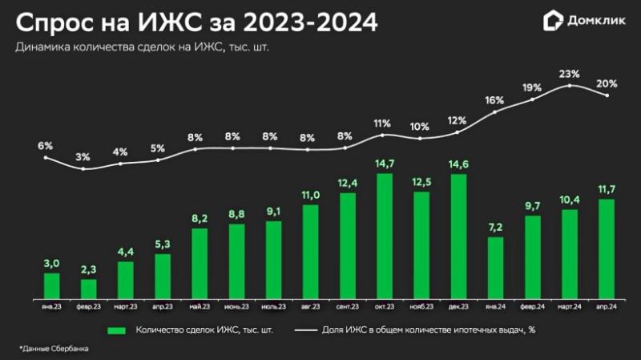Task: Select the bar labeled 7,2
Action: click(495, 266)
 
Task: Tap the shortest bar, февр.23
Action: click(89, 287)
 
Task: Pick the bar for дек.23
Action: click(458, 235)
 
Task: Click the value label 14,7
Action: click(385, 164)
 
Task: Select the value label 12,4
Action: click(348, 184)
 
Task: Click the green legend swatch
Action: click(116, 330)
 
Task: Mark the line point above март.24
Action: click(569, 84)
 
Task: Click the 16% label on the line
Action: click(495, 100)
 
